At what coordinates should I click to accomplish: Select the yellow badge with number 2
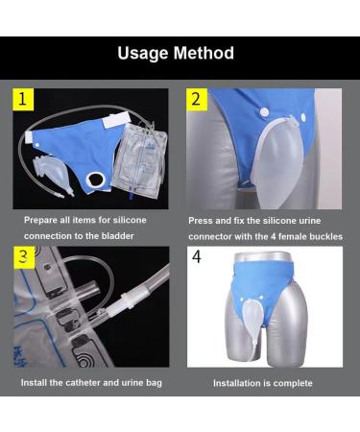(x=198, y=99)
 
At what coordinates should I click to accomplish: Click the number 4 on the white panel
(x=197, y=257)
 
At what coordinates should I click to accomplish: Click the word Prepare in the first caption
(x=42, y=220)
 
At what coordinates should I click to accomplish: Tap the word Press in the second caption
(x=201, y=220)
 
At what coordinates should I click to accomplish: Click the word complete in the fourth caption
(x=294, y=383)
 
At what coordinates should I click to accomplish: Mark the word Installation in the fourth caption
(x=237, y=383)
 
